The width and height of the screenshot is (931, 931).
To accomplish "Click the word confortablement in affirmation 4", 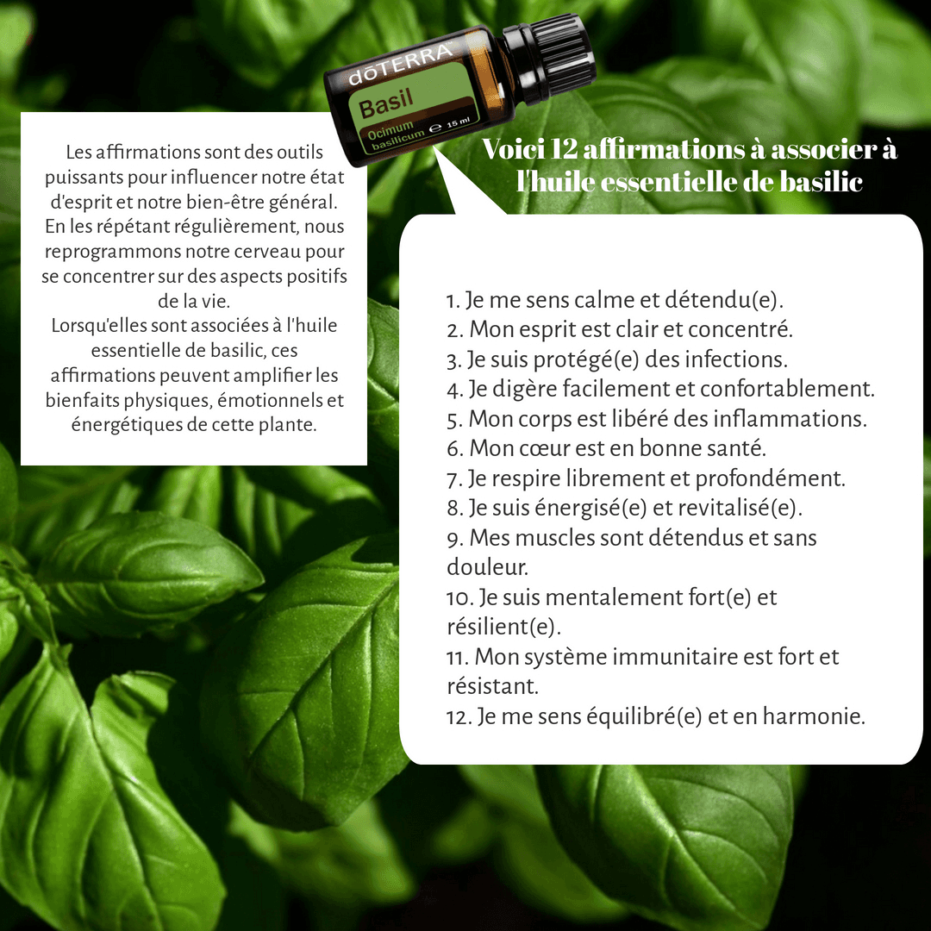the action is tap(787, 389).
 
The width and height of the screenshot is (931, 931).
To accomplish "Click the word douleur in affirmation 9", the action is tap(487, 567).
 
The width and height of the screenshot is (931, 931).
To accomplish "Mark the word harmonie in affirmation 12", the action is tap(814, 716).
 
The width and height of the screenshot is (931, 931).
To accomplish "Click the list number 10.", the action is tap(460, 598).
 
